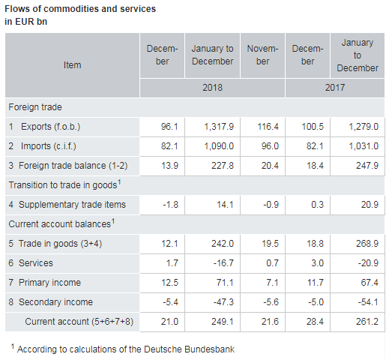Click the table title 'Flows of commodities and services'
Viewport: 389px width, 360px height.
(x=80, y=9)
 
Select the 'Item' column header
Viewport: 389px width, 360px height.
(x=72, y=65)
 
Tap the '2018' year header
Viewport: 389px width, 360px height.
(x=212, y=88)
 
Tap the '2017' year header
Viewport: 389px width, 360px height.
(x=335, y=88)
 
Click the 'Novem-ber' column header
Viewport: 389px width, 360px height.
(x=262, y=55)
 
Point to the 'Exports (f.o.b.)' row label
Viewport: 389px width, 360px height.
(x=50, y=127)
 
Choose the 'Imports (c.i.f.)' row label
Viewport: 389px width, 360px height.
(x=49, y=146)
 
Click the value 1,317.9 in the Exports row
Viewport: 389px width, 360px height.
(x=219, y=127)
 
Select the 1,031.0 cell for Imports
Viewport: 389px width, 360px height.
(x=364, y=146)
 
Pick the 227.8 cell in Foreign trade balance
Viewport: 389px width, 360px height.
(x=223, y=166)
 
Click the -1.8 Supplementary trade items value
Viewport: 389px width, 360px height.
(x=170, y=205)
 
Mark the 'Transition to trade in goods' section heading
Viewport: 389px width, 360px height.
(x=64, y=184)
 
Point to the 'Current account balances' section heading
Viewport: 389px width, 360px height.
(x=61, y=223)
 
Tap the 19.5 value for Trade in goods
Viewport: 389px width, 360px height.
(x=270, y=244)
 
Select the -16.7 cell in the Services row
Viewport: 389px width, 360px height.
(x=223, y=263)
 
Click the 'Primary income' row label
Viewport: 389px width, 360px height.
(x=49, y=283)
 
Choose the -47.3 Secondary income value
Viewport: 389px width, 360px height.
(x=223, y=302)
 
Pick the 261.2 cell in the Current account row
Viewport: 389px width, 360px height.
(x=367, y=322)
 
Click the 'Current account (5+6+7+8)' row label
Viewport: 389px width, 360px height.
(x=79, y=322)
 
